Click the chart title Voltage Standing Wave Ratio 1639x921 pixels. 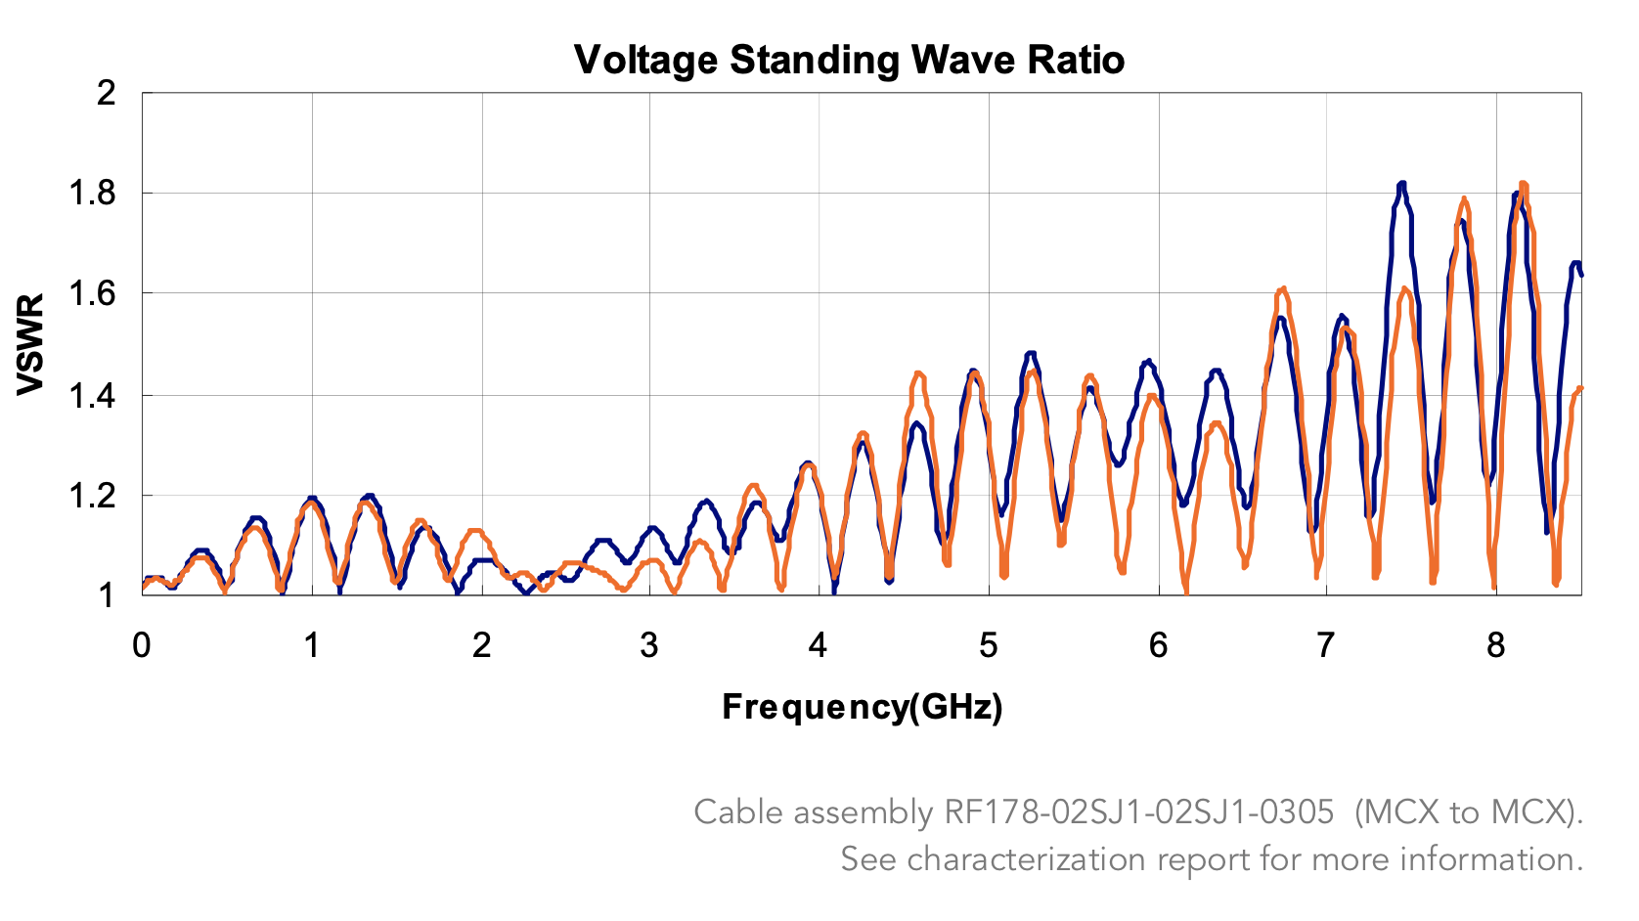point(849,60)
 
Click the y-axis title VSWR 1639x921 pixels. point(31,344)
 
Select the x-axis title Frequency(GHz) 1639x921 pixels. point(863,706)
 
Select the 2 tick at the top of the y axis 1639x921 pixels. point(107,93)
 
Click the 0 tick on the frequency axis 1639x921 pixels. point(143,646)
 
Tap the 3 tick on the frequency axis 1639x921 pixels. point(649,646)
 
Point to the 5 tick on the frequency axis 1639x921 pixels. point(989,646)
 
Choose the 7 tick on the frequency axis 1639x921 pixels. point(1326,646)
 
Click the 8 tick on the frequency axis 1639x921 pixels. point(1496,646)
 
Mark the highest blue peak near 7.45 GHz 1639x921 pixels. point(1402,184)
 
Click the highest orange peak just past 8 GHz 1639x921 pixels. point(1523,184)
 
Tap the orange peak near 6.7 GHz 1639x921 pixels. point(1282,289)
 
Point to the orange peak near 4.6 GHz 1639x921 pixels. point(918,373)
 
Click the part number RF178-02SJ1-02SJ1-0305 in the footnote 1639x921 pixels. point(1138,812)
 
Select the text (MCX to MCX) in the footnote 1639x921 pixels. point(1468,812)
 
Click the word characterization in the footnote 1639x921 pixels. point(1028,859)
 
